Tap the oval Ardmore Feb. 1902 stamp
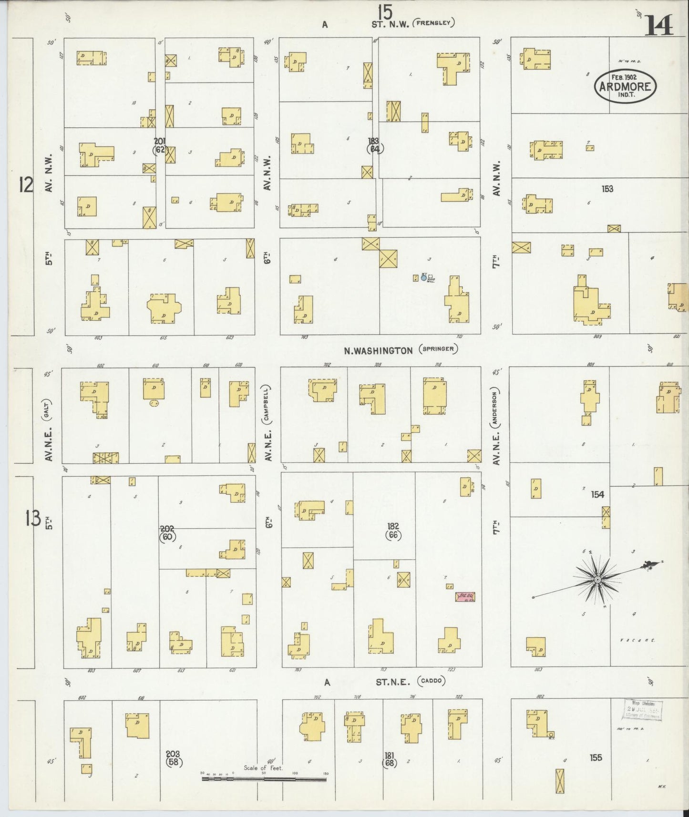pos(625,86)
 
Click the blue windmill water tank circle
pos(423,277)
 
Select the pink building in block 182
pos(465,596)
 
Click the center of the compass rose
pos(597,579)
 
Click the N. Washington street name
pos(378,350)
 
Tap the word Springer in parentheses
pos(438,349)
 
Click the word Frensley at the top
pos(434,22)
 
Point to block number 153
pos(607,189)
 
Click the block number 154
pos(597,494)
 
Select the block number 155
pos(596,757)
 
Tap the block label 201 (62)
pos(160,145)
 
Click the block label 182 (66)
pos(393,531)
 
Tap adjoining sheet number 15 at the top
pos(385,10)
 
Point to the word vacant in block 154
pos(637,640)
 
